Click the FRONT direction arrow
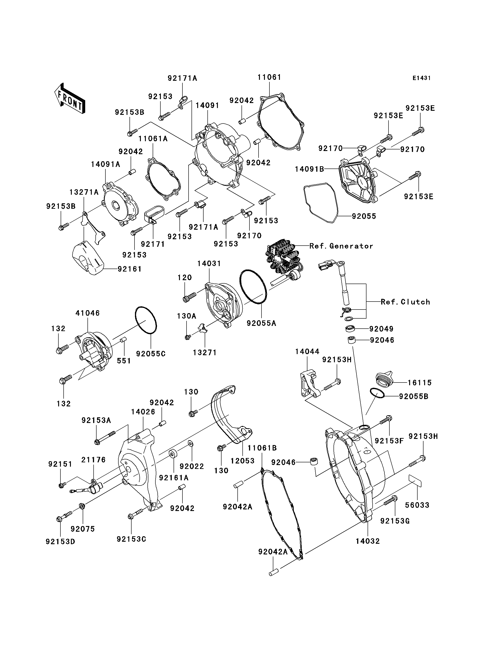click(x=70, y=98)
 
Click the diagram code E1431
click(x=421, y=78)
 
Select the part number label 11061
click(x=269, y=77)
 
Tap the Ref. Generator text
click(x=341, y=246)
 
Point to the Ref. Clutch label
click(x=405, y=302)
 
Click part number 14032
click(x=368, y=541)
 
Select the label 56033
click(x=417, y=505)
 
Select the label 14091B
click(x=309, y=169)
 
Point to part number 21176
click(x=93, y=460)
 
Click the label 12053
click(x=242, y=461)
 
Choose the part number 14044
click(x=307, y=352)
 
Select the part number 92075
click(x=83, y=529)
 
